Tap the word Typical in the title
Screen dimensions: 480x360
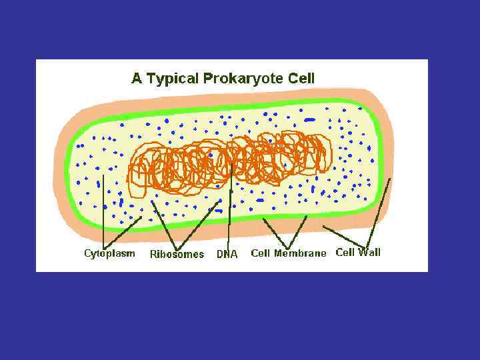point(172,79)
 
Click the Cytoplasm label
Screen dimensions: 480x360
point(109,253)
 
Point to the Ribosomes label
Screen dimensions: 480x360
point(177,254)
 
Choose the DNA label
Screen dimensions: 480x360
point(227,254)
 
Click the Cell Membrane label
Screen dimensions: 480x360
point(289,253)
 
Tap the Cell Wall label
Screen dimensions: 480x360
point(358,252)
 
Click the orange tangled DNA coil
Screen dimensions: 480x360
point(227,160)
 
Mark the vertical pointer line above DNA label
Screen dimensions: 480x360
point(229,213)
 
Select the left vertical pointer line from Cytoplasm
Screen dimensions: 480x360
point(103,213)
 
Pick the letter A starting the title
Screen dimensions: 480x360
point(137,78)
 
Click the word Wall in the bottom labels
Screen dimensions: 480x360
point(369,252)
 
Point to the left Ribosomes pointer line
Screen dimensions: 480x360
point(165,223)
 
